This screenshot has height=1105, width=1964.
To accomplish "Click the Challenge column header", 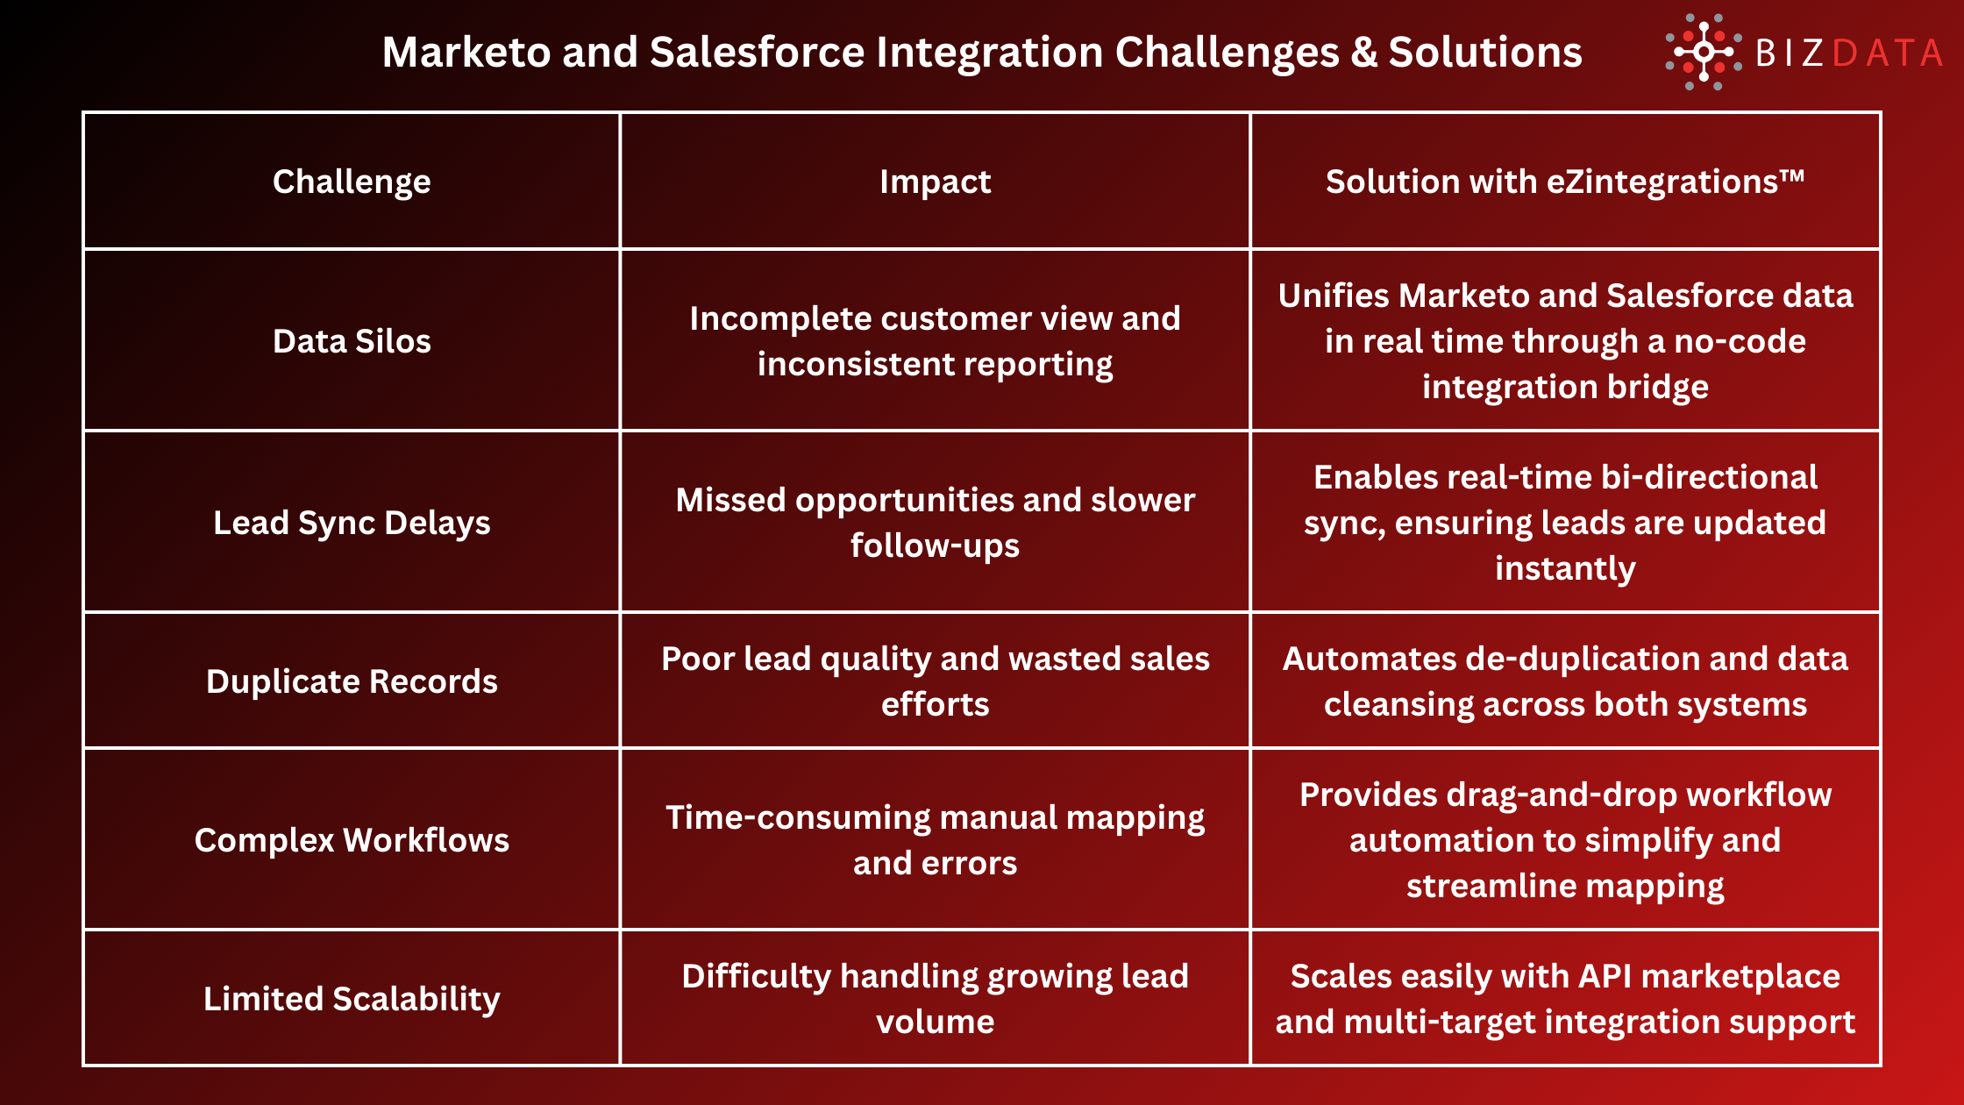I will (x=352, y=182).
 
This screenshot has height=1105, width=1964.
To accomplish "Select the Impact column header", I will (x=935, y=182).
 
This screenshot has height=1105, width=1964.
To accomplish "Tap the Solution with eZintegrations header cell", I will (x=1565, y=182).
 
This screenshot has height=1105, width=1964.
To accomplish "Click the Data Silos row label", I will (x=352, y=341).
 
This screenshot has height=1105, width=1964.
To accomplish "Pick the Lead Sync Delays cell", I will (x=352, y=523).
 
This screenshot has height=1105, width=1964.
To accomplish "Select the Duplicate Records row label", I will (x=352, y=681).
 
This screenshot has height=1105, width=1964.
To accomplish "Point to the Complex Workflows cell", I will (x=352, y=840).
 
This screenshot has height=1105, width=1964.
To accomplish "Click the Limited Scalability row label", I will (x=352, y=999).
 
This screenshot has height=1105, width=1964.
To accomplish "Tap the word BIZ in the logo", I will (x=1790, y=53).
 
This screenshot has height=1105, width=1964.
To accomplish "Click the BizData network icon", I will (x=1703, y=52).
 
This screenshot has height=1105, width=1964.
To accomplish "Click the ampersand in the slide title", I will (x=1363, y=53).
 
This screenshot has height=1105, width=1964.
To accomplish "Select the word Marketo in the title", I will (x=466, y=53).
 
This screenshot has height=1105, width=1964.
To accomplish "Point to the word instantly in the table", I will (x=1565, y=568).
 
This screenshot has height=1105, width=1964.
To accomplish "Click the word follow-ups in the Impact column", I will (x=935, y=545).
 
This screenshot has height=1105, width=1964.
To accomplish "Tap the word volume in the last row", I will (x=935, y=1022).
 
